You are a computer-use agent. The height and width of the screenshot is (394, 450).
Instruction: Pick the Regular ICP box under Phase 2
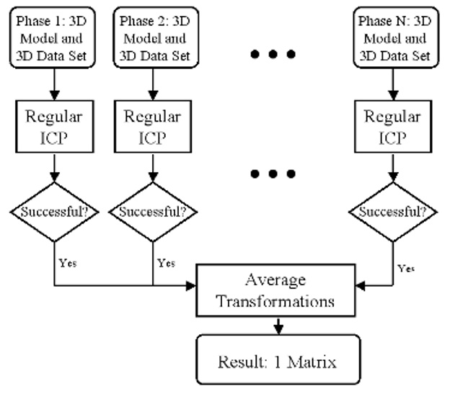click(x=153, y=125)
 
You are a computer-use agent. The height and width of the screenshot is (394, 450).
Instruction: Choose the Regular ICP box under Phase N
click(x=392, y=125)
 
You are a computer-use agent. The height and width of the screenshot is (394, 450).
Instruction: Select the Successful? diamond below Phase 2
click(x=153, y=212)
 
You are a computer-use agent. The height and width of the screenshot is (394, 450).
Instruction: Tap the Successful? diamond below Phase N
click(x=392, y=212)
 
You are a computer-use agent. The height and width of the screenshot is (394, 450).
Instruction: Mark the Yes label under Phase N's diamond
click(x=406, y=268)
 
